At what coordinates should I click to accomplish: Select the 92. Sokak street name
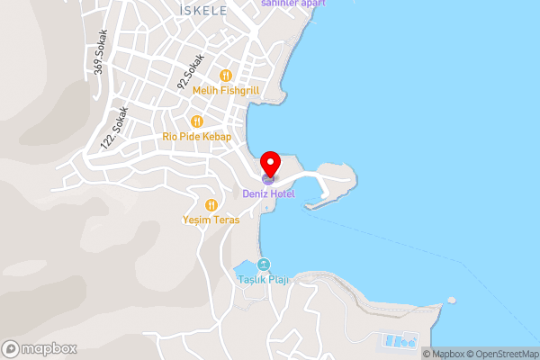coord(191,71)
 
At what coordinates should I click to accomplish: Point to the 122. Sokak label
coord(116,127)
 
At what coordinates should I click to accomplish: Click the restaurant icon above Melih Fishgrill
coord(225,76)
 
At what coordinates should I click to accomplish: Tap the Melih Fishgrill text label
coord(225,91)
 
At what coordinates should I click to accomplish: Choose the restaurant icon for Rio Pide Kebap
coord(196,121)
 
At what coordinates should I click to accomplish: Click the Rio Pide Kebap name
coord(197,137)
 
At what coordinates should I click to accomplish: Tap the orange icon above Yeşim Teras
coord(211,204)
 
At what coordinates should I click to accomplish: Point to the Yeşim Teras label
coord(209,220)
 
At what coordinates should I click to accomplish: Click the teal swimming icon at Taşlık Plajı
coord(263,265)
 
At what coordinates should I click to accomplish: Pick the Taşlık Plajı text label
coord(263,280)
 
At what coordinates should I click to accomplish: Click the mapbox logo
coord(39,348)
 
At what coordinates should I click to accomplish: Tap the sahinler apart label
coord(292,4)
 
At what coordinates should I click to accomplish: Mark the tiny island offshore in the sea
coord(452,300)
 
